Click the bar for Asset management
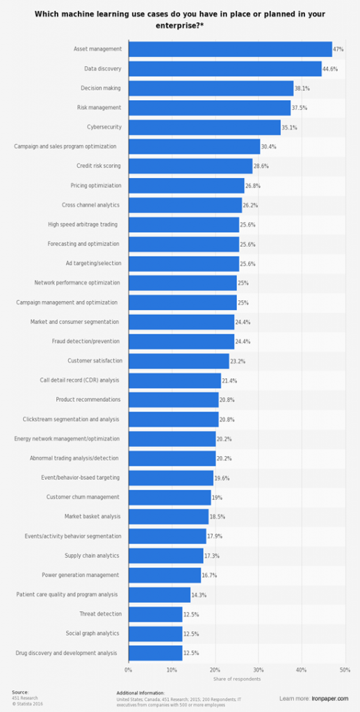(x=230, y=49)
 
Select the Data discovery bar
(x=224, y=69)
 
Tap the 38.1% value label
(x=302, y=88)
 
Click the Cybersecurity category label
(x=103, y=127)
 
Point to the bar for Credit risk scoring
(x=190, y=166)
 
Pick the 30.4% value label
(x=269, y=147)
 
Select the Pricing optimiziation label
(x=96, y=186)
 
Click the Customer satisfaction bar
(x=179, y=361)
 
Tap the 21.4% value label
(x=230, y=380)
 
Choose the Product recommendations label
(x=88, y=400)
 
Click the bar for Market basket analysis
(x=168, y=517)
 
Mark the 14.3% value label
(x=199, y=594)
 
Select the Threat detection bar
(x=155, y=614)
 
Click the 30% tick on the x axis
(x=258, y=670)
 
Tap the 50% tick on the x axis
(x=344, y=670)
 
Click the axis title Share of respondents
(x=236, y=679)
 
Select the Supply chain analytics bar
(x=165, y=556)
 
